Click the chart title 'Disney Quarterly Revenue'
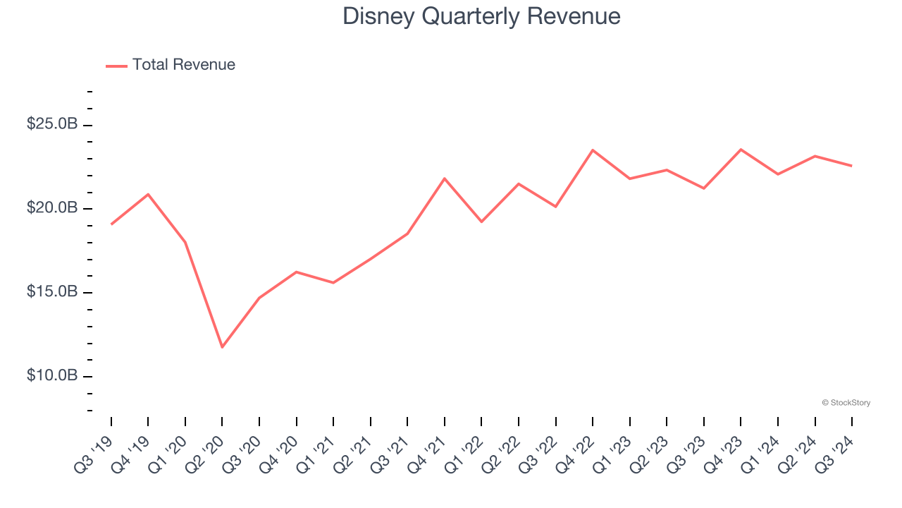point(481,16)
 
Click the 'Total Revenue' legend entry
point(183,65)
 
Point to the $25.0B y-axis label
point(52,124)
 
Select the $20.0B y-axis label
point(52,208)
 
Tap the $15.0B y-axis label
point(52,292)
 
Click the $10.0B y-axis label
point(52,375)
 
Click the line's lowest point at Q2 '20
point(222,347)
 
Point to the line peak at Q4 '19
point(148,194)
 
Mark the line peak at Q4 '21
point(445,179)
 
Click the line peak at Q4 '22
point(593,150)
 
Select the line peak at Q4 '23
point(741,150)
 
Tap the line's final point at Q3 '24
point(852,166)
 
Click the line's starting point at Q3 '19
point(111,224)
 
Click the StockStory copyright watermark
point(846,403)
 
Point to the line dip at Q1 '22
point(481,222)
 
